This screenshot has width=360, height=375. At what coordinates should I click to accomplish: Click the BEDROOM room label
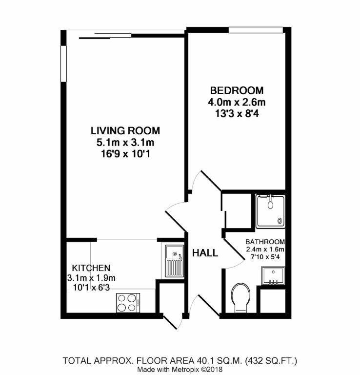tap(237, 90)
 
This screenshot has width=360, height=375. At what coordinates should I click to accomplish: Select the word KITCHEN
tap(91, 268)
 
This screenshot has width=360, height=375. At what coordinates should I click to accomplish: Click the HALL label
tap(205, 253)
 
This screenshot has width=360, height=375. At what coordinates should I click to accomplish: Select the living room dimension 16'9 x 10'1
tap(125, 154)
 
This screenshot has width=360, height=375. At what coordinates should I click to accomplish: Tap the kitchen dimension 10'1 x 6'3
tap(91, 289)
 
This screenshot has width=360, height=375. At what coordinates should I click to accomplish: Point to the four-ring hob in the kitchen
tap(128, 302)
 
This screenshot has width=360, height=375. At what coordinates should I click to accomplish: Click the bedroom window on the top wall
tap(256, 31)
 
